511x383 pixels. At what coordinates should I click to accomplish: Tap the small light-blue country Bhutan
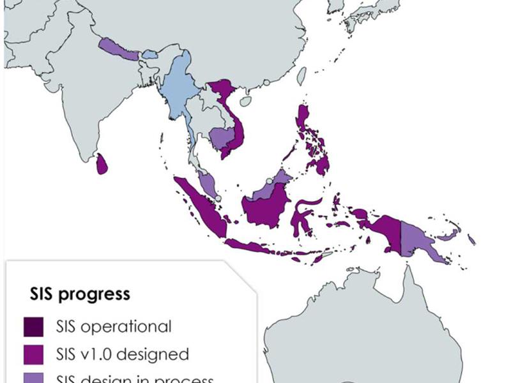coord(149,56)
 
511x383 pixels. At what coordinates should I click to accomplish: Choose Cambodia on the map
coord(222,136)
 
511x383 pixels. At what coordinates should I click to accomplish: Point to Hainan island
coord(245,101)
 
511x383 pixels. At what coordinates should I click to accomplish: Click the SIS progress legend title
coord(80,294)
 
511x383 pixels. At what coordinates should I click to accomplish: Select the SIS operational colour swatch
coord(34,326)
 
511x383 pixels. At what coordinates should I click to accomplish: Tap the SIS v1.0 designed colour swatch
coord(34,353)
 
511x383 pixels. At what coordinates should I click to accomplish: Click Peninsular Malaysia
coord(207,184)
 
